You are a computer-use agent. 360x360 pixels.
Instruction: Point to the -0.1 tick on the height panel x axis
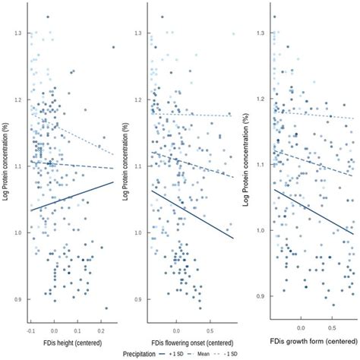[x=31, y=331]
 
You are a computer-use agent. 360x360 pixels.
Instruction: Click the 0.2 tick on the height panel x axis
[x=102, y=331]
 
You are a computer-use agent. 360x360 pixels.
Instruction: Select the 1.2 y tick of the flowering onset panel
[x=137, y=100]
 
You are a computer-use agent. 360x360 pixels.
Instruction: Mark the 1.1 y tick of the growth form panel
[x=258, y=165]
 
